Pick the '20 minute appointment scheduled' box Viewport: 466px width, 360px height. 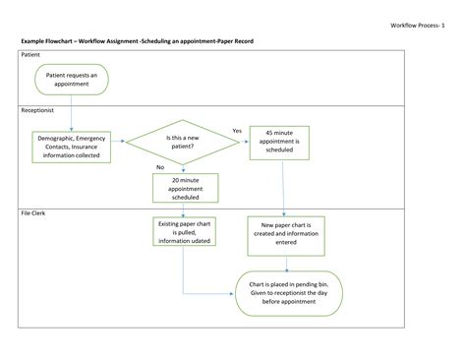coord(185,188)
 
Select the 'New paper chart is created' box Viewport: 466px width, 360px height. coord(285,236)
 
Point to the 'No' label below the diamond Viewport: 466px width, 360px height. coord(160,166)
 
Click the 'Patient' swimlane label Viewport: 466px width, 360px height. coord(31,56)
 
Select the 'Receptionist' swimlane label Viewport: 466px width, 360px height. coord(38,111)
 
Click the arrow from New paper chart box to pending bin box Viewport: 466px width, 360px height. coord(286,263)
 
